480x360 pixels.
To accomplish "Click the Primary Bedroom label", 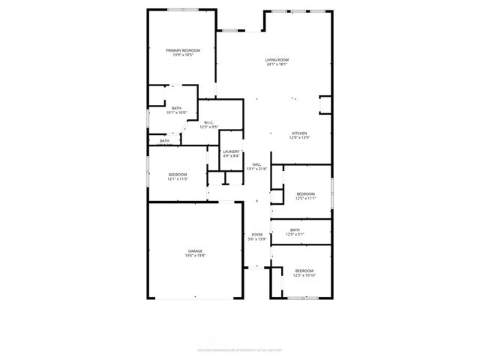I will click(x=183, y=50).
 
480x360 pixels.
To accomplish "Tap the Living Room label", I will click(x=277, y=60).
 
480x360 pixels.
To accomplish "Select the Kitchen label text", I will click(x=299, y=133).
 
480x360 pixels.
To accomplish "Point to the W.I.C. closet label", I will click(x=208, y=123).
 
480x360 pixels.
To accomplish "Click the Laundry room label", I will click(x=230, y=151).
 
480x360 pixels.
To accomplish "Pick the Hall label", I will click(x=256, y=165).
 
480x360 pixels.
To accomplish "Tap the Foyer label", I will click(x=257, y=234).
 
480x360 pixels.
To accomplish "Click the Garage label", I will click(x=195, y=251).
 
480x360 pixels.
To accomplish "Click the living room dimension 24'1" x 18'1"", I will click(x=277, y=64).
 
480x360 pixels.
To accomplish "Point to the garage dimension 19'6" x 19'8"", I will click(x=195, y=256).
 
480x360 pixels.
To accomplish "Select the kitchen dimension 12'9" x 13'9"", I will click(x=299, y=137).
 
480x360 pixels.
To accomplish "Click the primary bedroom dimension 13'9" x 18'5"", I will click(x=183, y=55).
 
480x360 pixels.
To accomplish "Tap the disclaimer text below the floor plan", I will click(x=239, y=349).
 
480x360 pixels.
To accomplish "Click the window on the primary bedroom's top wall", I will click(x=183, y=10).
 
